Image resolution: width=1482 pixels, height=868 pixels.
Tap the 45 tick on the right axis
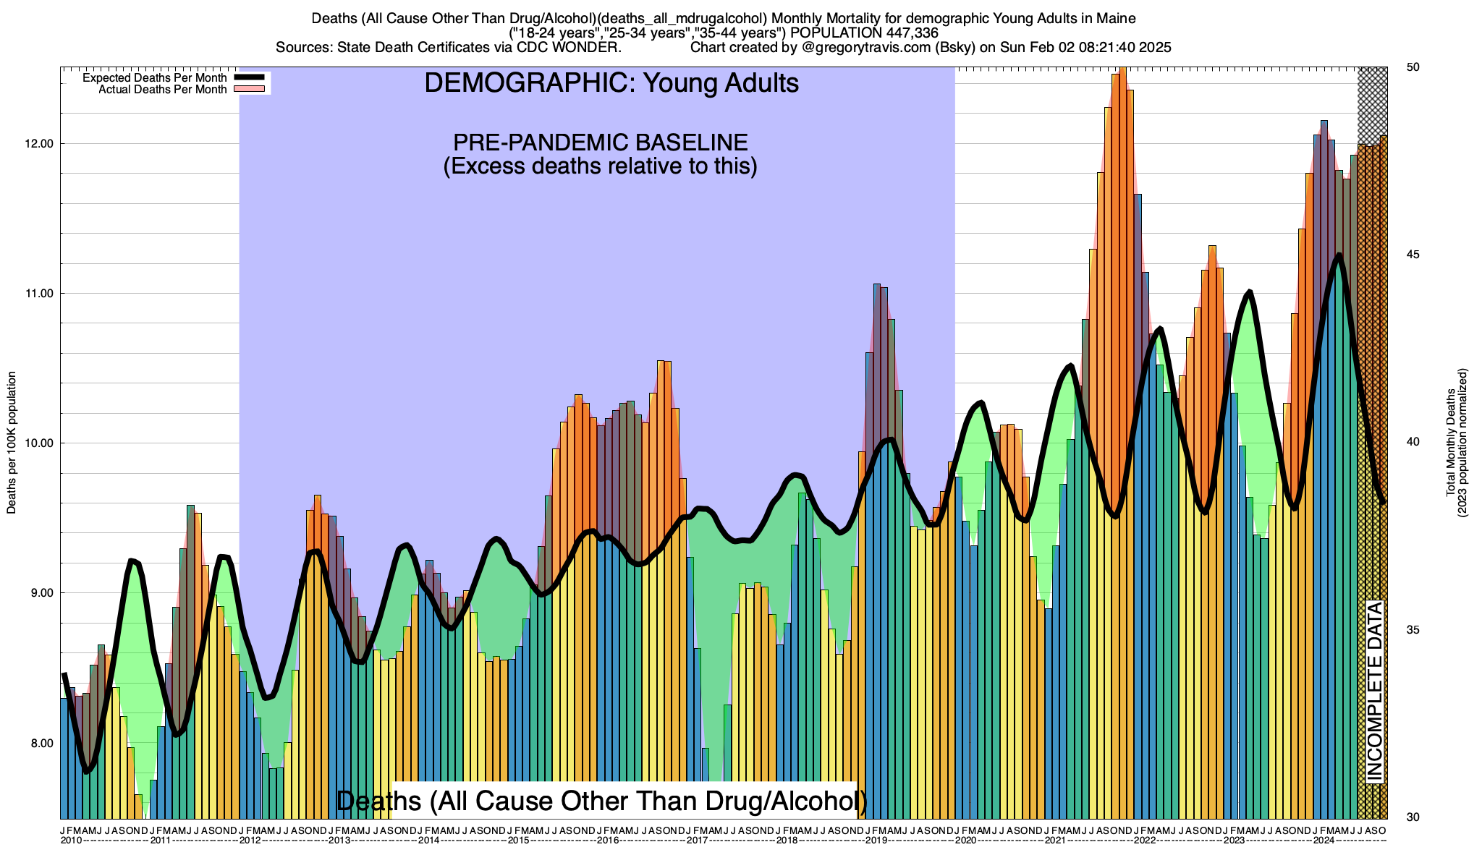pos(1412,255)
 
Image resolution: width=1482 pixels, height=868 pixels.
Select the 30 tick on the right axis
pos(1412,817)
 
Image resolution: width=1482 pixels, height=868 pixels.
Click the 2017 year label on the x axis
pos(697,841)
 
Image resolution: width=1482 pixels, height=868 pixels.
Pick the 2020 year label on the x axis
pos(965,841)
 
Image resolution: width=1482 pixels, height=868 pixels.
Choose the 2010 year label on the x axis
pos(71,841)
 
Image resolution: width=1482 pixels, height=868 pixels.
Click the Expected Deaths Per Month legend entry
pos(154,78)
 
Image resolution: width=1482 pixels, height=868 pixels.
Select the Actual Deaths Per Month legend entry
pos(162,90)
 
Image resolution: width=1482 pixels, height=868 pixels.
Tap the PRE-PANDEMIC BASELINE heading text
pos(600,142)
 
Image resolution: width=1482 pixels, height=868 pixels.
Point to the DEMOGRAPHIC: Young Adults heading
pos(611,83)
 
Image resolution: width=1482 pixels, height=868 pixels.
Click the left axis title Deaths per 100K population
pos(12,443)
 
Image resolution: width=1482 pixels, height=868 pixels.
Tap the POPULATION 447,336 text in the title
pos(864,33)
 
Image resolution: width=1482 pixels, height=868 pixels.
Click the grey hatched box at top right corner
pos(1372,105)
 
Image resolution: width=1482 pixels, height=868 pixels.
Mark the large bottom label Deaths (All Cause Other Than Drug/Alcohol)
pos(601,801)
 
